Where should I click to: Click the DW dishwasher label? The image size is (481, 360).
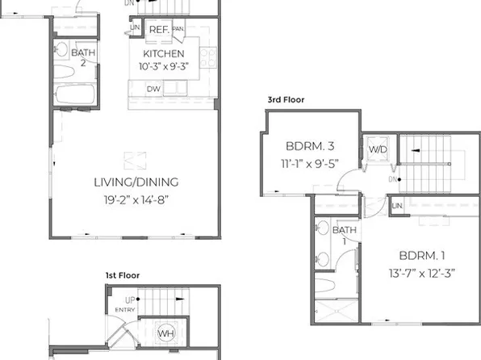tap(153, 89)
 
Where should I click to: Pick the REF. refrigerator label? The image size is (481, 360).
tap(158, 29)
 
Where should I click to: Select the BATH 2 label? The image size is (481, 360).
tap(82, 58)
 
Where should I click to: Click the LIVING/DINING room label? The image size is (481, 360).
tap(136, 182)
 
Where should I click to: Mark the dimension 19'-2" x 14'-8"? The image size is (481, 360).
tap(136, 198)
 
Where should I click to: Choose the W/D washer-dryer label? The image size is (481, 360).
tap(377, 150)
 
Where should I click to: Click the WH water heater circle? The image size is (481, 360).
tap(165, 333)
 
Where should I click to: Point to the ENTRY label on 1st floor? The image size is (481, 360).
tap(126, 309)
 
